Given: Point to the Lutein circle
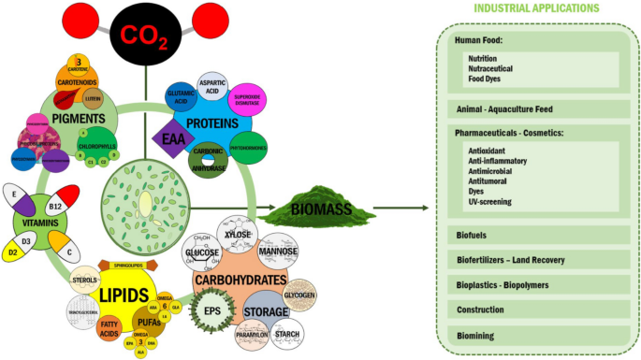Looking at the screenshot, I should point(93,97).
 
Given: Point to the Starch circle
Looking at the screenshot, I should point(290,334).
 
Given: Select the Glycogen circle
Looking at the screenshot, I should point(299,295).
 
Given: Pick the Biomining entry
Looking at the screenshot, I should point(473,334).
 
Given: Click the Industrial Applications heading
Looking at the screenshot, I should point(536,7).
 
